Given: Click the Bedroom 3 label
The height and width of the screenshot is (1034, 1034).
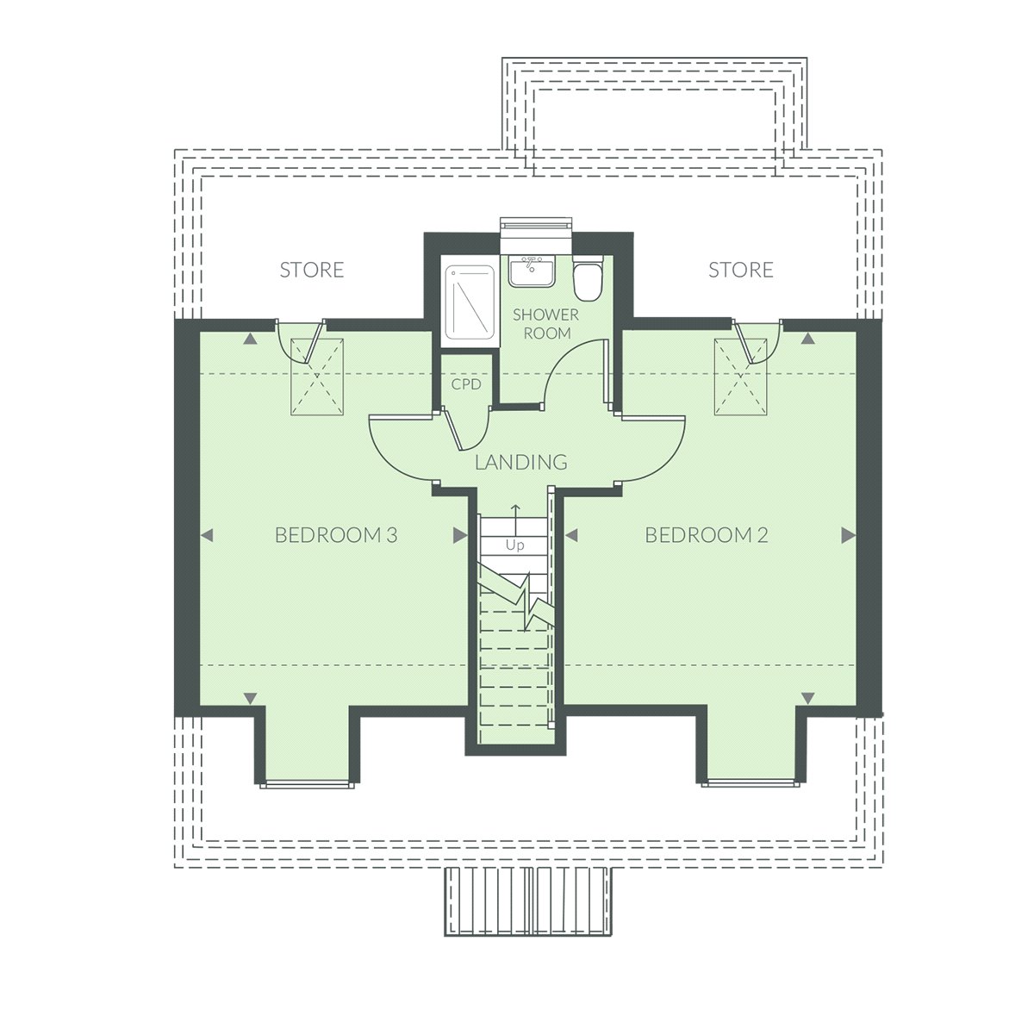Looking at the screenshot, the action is coord(336,535).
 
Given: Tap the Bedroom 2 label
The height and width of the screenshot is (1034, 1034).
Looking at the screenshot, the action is coord(707,535).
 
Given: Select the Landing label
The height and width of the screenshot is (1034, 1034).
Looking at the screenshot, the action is coord(521,462).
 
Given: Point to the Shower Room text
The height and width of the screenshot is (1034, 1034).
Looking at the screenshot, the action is coord(545,324).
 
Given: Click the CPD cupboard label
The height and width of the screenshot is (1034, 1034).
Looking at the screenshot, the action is coord(466,384).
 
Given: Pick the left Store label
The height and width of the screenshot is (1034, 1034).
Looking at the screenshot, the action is coord(312,270).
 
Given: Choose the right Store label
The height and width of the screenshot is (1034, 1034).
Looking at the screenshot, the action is coord(741,270).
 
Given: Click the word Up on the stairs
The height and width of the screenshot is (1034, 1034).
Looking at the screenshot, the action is coord(514,545).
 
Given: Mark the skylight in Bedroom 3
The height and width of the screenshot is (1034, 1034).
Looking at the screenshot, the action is coord(317,377).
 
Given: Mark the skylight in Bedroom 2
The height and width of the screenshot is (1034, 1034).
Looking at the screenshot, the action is coord(740,377).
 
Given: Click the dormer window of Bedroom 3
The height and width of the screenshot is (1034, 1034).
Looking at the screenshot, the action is coord(307,785).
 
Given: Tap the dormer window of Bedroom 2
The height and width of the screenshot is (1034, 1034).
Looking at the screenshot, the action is coord(751,783).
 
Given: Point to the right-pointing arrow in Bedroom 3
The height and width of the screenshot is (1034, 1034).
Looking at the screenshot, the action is coord(460,535).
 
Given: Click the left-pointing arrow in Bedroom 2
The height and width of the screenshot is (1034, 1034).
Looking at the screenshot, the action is coord(571,535).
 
